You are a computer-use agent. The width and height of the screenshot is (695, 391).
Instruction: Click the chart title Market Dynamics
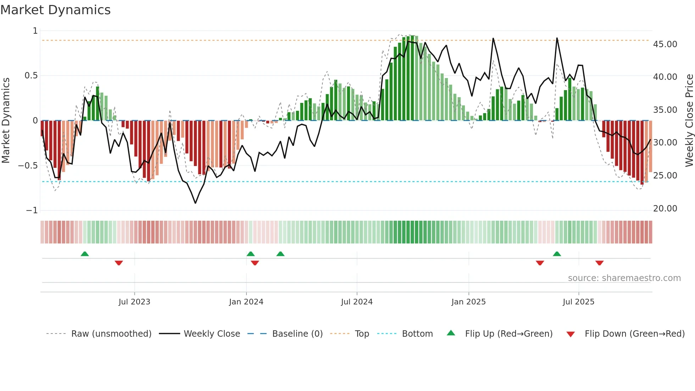click(55, 10)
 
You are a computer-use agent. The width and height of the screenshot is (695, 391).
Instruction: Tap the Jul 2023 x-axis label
click(134, 302)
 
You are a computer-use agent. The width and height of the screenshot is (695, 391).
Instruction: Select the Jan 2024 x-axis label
click(246, 302)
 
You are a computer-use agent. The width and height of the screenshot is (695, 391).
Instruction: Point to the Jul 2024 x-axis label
click(357, 302)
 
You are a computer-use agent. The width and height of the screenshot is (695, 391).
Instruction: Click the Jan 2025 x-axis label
click(468, 302)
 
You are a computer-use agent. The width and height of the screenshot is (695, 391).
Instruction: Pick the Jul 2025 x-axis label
click(578, 302)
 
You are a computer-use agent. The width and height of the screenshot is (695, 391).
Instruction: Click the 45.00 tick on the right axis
click(665, 44)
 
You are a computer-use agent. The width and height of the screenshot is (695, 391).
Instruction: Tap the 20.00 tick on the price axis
click(665, 209)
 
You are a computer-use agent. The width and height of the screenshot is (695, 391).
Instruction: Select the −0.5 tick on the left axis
click(28, 166)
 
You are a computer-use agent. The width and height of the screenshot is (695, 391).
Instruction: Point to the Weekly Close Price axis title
click(689, 120)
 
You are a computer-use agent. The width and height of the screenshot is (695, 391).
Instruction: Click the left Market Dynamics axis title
click(6, 120)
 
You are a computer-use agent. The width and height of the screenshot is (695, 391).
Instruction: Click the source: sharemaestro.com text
click(624, 278)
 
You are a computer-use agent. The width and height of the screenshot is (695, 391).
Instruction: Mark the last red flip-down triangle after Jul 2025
click(599, 263)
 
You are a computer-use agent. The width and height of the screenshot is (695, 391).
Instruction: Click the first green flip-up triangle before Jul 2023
click(85, 254)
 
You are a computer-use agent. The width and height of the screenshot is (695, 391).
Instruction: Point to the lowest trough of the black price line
click(195, 203)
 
